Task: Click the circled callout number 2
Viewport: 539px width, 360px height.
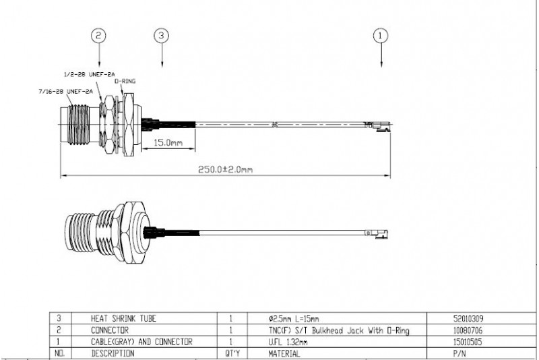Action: [x=98, y=36]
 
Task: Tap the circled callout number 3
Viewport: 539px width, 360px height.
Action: [x=162, y=36]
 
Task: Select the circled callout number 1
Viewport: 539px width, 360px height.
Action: [x=381, y=36]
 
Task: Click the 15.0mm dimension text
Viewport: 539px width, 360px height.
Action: [x=168, y=142]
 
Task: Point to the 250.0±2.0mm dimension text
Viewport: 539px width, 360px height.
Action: [x=225, y=169]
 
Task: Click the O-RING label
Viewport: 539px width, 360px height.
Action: [x=125, y=81]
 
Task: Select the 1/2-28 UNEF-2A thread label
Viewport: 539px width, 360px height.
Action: [x=90, y=74]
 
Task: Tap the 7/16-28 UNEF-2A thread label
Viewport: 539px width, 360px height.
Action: [x=65, y=92]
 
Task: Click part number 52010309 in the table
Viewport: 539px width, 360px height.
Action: [x=468, y=318]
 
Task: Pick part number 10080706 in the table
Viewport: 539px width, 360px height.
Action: [x=468, y=330]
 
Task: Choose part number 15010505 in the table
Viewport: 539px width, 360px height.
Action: [x=468, y=342]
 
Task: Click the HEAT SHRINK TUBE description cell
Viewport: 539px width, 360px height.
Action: [x=123, y=318]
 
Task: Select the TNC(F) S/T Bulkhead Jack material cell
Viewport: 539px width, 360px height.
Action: [x=339, y=330]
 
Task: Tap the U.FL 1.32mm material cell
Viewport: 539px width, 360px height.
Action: [x=288, y=342]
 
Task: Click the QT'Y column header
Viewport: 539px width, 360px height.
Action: [x=232, y=353]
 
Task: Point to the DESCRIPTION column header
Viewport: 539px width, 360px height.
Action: [x=113, y=353]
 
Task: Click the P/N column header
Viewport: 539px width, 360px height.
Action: [x=459, y=353]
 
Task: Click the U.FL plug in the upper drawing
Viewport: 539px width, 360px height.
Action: [x=378, y=126]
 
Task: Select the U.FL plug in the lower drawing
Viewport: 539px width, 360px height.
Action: [x=377, y=234]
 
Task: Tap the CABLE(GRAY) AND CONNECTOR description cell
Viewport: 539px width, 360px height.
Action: [x=141, y=342]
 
